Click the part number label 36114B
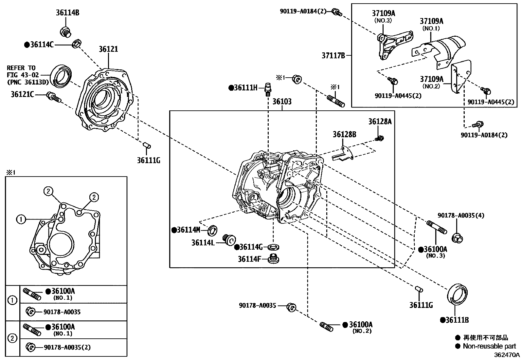click(67, 13)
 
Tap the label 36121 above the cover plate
click(108, 49)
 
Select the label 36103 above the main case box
click(282, 102)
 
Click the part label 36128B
click(344, 134)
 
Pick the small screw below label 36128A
click(380, 139)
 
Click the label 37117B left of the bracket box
click(333, 56)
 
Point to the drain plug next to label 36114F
click(273, 258)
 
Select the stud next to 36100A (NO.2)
click(326, 327)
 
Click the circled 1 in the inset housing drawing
click(21, 219)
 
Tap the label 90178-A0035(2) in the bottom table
click(67, 348)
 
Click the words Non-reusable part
click(489, 346)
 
